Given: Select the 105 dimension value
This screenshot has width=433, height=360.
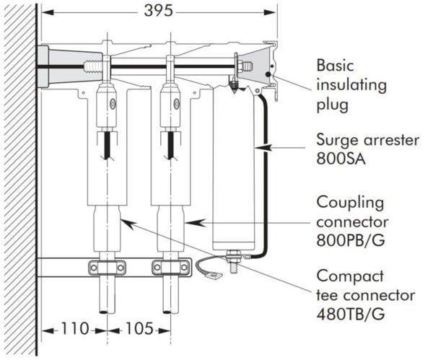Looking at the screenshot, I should click(138, 329).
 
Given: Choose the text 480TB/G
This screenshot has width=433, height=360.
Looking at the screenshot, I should click(356, 315).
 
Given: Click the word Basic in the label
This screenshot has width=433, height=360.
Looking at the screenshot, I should click(336, 65).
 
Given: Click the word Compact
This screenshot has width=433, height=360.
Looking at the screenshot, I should click(349, 276).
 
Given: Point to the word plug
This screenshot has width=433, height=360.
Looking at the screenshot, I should click(333, 105).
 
